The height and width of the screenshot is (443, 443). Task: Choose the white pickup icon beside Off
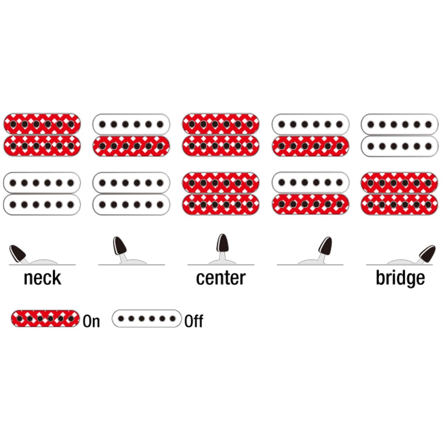[x=147, y=319]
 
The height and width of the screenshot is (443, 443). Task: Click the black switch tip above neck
[x=17, y=253]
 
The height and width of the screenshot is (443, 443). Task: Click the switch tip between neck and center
[x=120, y=245]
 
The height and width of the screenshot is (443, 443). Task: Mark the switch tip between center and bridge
[x=325, y=245]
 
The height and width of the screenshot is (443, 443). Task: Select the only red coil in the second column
[x=131, y=146]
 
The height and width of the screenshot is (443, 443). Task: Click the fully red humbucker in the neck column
[x=42, y=135]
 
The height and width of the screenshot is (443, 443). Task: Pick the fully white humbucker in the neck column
[x=42, y=193]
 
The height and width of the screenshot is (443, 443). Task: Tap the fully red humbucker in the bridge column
[x=399, y=193]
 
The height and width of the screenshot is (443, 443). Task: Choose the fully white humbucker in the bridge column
[x=399, y=135]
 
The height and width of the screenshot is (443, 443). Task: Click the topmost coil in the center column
[x=221, y=124]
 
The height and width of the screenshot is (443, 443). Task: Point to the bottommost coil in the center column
[x=221, y=204]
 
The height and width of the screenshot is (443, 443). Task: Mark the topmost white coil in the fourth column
[x=310, y=124]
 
